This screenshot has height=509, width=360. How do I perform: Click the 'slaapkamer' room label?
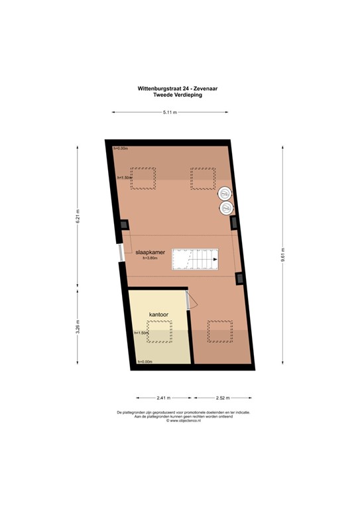(150, 253)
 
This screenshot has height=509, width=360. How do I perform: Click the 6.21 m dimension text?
(78, 215)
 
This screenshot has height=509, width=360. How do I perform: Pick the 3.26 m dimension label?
(78, 328)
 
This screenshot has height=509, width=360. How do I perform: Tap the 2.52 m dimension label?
(223, 398)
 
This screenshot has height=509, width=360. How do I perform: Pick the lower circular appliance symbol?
(226, 208)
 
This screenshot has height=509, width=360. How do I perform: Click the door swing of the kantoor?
(190, 302)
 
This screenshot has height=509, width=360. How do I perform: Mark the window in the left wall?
(119, 254)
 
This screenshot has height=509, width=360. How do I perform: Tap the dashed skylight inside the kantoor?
(158, 331)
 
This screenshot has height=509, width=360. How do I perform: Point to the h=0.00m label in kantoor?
(145, 361)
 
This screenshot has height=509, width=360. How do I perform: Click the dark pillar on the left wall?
(124, 225)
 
